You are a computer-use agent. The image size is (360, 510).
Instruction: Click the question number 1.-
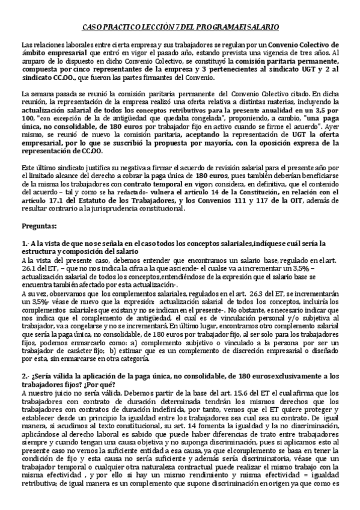(25, 242)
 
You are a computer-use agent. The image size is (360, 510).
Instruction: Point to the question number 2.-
(25, 377)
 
